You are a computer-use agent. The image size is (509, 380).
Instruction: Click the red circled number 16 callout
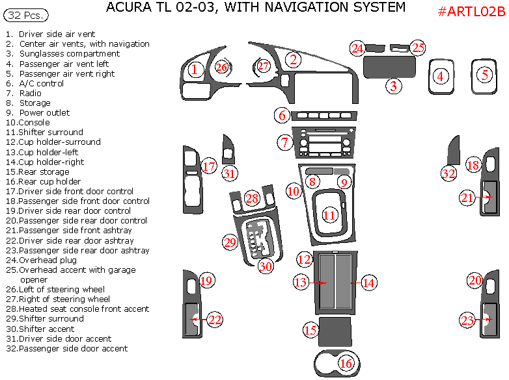point(346,364)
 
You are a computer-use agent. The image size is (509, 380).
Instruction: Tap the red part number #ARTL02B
point(471,12)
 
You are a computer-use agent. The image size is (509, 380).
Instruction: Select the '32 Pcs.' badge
point(22,14)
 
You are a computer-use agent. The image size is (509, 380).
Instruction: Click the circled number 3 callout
point(392,85)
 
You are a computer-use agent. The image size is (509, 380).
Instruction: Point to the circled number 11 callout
point(330,214)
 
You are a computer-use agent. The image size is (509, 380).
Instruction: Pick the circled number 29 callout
point(230,243)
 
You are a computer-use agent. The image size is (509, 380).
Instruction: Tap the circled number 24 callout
point(357,48)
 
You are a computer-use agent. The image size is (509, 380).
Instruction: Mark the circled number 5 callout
point(485,75)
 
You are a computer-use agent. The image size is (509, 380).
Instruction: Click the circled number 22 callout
point(215,319)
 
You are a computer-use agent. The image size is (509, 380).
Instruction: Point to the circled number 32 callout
point(448,173)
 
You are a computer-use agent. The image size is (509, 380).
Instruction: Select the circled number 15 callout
point(310,330)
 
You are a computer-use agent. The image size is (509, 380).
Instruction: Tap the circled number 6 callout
point(282,116)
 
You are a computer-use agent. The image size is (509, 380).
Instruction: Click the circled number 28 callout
point(252,199)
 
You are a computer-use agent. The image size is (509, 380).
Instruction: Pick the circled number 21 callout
point(467,198)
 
